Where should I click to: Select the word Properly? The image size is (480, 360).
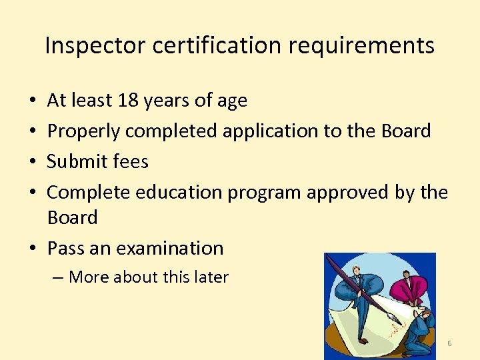[84, 131]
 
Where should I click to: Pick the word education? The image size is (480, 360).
[179, 192]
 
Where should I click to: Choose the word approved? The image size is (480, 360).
[347, 193]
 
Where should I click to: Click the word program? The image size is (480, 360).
[265, 193]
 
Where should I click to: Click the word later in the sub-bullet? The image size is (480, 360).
[210, 277]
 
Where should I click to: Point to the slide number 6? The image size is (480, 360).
[449, 343]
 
